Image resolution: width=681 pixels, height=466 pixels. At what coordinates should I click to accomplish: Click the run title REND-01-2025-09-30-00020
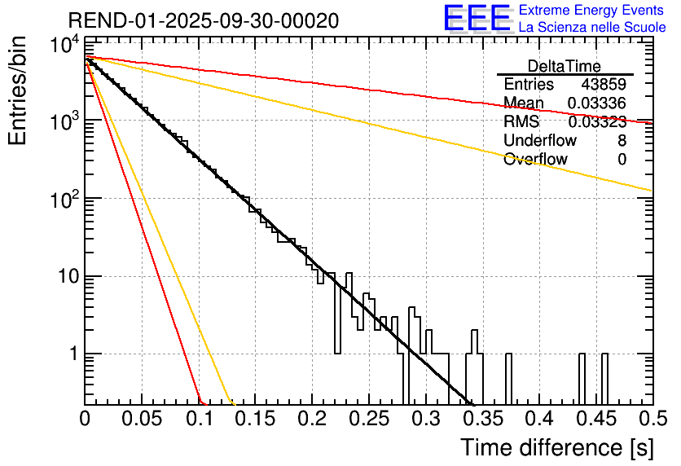click(x=204, y=21)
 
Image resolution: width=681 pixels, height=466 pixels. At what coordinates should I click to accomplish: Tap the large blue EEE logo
click(x=477, y=19)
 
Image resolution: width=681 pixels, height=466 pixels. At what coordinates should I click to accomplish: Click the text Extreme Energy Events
click(x=592, y=11)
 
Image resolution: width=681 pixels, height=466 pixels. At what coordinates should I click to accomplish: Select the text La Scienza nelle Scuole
click(x=592, y=27)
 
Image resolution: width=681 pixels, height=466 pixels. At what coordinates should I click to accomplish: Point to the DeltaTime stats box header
click(x=565, y=66)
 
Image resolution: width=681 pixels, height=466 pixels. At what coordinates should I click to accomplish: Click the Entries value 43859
click(x=604, y=85)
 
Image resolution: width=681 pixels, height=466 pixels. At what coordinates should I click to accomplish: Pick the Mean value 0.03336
click(x=597, y=103)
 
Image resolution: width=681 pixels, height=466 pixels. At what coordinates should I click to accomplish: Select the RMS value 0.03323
click(x=597, y=122)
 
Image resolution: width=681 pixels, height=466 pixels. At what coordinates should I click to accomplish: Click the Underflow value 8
click(x=622, y=141)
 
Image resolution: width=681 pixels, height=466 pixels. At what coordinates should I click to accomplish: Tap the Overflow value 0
click(x=622, y=160)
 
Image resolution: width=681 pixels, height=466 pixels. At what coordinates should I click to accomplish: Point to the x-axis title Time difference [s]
click(x=556, y=447)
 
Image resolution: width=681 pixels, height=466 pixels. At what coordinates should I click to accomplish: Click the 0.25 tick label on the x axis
click(x=369, y=420)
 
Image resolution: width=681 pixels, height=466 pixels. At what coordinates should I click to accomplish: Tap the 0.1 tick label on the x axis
click(x=199, y=420)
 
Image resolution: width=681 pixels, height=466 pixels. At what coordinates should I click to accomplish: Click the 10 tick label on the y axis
click(x=64, y=277)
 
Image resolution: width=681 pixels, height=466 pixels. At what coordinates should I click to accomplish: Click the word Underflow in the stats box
click(x=540, y=141)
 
